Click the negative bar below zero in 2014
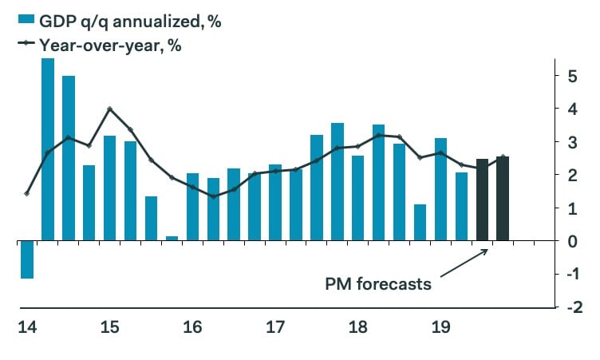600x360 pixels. pyautogui.click(x=27, y=259)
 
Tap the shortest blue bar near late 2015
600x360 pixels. pyautogui.click(x=172, y=238)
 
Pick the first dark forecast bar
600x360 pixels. pyautogui.click(x=482, y=200)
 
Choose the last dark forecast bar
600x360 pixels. pyautogui.click(x=503, y=199)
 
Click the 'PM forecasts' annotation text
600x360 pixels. pyautogui.click(x=378, y=283)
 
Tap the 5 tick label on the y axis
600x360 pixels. pyautogui.click(x=572, y=77)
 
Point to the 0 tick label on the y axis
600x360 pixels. pyautogui.click(x=572, y=241)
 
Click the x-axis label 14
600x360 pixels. pyautogui.click(x=26, y=327)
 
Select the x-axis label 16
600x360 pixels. pyautogui.click(x=192, y=327)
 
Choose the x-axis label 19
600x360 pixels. pyautogui.click(x=440, y=327)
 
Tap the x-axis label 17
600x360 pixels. pyautogui.click(x=275, y=327)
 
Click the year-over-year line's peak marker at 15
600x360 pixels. pyautogui.click(x=110, y=109)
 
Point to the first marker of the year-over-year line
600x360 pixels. pyautogui.click(x=27, y=193)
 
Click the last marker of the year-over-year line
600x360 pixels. pyautogui.click(x=503, y=157)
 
